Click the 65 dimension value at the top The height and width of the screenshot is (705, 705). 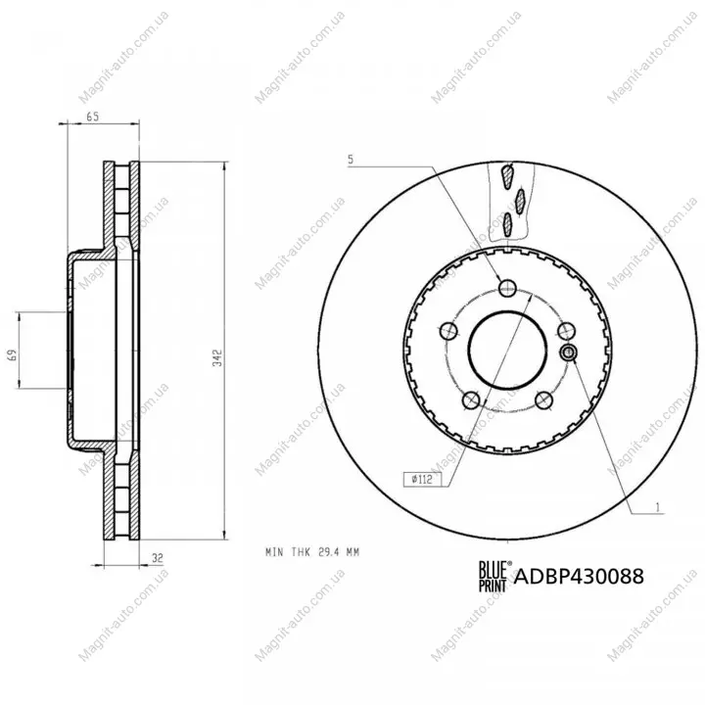coord(92,117)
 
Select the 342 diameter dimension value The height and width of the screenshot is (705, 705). coord(217,357)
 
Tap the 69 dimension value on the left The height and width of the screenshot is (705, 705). coord(13,354)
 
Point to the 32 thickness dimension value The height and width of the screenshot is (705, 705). coord(157,558)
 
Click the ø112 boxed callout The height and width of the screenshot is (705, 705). coord(422,479)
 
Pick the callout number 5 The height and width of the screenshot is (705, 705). coord(351,160)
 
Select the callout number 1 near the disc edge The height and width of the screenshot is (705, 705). coord(658,507)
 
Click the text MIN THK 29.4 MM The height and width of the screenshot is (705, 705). coord(312,551)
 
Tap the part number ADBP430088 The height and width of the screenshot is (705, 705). coord(579,576)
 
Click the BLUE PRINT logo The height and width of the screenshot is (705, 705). coord(493,576)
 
